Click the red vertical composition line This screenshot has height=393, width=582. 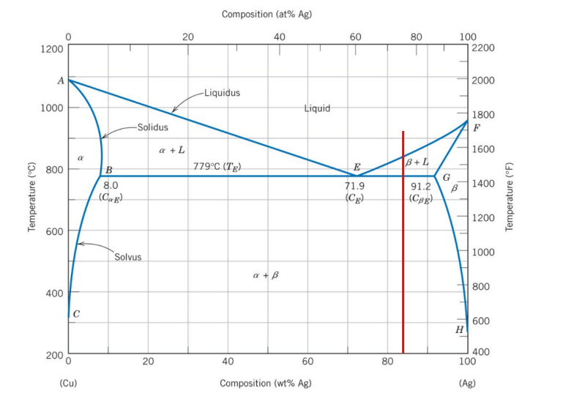403,242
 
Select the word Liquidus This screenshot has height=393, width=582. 222,93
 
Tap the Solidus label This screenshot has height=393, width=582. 152,127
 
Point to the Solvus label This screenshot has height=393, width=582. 127,257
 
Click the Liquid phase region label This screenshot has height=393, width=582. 317,108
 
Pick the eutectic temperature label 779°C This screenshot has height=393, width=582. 217,167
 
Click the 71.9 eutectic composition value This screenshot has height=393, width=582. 354,187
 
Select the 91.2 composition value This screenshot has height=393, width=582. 421,187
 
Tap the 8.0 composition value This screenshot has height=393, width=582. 111,187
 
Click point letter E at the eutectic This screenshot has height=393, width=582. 357,168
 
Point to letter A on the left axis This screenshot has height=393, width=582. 61,81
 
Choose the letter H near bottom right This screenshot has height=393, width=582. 459,329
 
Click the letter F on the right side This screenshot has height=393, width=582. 477,128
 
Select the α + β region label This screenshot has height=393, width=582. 266,276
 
